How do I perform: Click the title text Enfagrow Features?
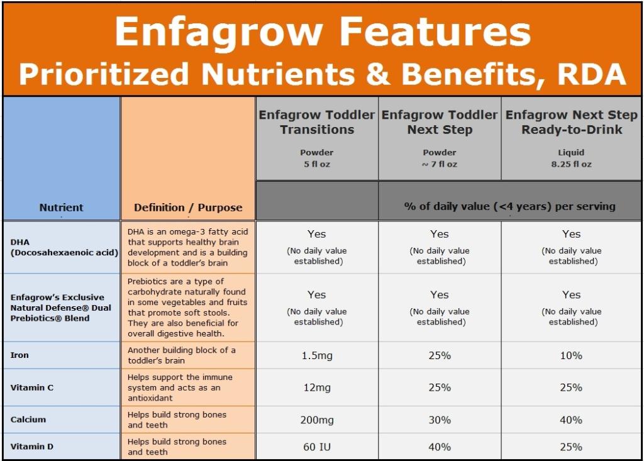322,31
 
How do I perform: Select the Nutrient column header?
61,208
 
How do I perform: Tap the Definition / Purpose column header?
188,208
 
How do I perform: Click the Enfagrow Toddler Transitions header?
317,122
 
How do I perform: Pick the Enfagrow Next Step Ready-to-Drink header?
571,122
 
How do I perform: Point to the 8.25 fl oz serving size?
571,164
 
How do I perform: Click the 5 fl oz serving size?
317,164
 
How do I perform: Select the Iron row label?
19,355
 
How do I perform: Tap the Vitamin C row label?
32,387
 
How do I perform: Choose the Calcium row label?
28,419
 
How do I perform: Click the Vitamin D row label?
32,447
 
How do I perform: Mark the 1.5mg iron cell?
317,355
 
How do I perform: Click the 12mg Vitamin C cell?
317,387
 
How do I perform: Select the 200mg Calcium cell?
317,419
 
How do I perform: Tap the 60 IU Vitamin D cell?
317,447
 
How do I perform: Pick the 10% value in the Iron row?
571,355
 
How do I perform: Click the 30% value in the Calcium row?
440,419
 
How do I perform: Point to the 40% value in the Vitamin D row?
440,447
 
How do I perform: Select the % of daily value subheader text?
509,206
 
